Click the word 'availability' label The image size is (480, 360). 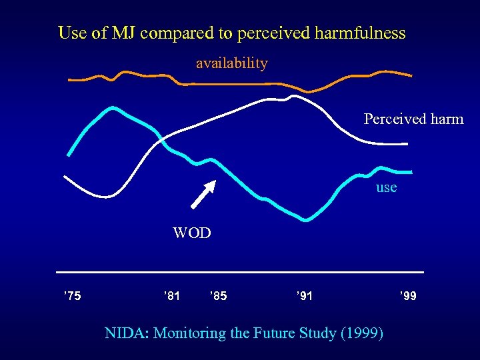[x=231, y=63]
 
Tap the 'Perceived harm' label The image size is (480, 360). [x=413, y=119]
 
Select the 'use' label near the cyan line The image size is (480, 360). [x=386, y=187]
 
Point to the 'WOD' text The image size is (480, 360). [x=191, y=233]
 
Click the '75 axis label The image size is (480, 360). [x=72, y=295]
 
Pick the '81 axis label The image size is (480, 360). [x=171, y=295]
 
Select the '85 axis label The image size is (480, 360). [x=218, y=295]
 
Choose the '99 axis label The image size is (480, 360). [x=408, y=295]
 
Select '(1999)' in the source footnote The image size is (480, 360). [x=361, y=333]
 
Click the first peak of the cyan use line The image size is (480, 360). [x=113, y=107]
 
